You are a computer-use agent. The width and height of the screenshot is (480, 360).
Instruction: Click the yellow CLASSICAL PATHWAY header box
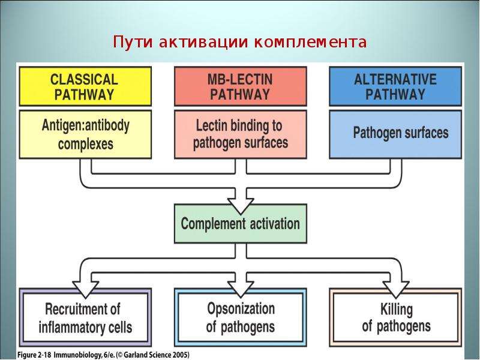pyautogui.click(x=85, y=86)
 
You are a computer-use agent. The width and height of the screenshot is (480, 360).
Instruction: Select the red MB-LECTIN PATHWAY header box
pyautogui.click(x=241, y=86)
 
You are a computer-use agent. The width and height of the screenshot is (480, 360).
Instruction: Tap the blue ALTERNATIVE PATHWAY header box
pyautogui.click(x=395, y=86)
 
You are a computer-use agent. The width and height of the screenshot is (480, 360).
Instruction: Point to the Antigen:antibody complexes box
pyautogui.click(x=85, y=134)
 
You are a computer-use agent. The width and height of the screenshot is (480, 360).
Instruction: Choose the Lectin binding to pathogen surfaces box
pyautogui.click(x=241, y=134)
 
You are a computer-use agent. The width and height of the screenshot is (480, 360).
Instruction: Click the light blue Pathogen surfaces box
pyautogui.click(x=395, y=134)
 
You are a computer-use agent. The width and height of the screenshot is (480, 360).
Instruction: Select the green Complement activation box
pyautogui.click(x=241, y=224)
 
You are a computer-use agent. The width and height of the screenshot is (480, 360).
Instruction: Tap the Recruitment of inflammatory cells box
pyautogui.click(x=85, y=317)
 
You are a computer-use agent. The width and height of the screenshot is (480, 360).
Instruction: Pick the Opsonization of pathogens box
pyautogui.click(x=241, y=317)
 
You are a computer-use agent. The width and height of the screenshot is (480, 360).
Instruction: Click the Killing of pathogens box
pyautogui.click(x=395, y=317)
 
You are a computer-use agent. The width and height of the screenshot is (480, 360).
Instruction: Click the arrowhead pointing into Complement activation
pyautogui.click(x=241, y=206)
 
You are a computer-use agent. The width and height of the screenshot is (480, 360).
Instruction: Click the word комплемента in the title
pyautogui.click(x=310, y=42)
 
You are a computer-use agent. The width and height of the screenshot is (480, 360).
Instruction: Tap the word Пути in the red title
pyautogui.click(x=133, y=41)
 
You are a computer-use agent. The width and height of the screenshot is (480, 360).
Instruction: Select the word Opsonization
pyautogui.click(x=241, y=308)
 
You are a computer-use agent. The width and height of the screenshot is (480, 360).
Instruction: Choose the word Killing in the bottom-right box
pyautogui.click(x=397, y=309)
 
